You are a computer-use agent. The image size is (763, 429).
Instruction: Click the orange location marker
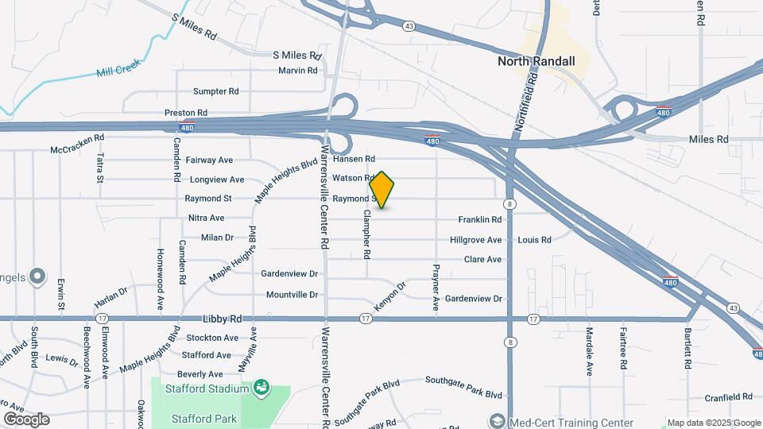tap(382, 190)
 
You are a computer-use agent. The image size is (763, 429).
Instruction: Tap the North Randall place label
tap(536, 60)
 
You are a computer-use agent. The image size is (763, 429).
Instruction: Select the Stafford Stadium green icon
tap(260, 388)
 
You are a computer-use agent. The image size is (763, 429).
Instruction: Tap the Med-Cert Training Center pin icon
tap(498, 421)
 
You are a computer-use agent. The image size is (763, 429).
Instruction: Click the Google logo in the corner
tap(26, 419)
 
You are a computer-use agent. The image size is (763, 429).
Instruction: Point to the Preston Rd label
tap(186, 114)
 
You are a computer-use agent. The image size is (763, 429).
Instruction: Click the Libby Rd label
tap(222, 318)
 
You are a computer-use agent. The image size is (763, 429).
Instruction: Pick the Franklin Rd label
tap(480, 219)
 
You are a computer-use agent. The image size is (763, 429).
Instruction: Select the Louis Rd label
tap(534, 239)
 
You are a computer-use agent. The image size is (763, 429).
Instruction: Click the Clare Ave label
tap(482, 259)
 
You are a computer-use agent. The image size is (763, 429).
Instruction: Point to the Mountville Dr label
tap(292, 295)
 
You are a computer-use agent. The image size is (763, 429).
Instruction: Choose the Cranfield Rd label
tap(728, 397)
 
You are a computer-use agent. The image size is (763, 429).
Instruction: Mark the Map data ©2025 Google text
tap(714, 423)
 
